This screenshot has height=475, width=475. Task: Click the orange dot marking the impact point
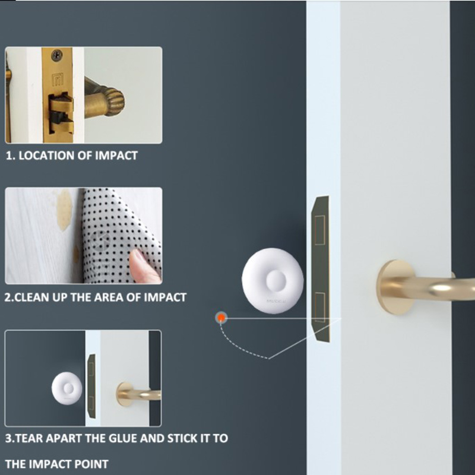(221, 318)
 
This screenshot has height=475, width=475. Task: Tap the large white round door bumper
(273, 281)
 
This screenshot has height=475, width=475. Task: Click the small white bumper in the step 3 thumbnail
(67, 388)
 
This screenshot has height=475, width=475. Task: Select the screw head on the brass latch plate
(56, 55)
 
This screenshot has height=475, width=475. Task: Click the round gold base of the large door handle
(394, 287)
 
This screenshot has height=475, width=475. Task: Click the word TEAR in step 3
(28, 438)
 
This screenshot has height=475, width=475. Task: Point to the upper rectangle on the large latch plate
(319, 230)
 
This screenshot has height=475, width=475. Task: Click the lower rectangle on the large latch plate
(319, 307)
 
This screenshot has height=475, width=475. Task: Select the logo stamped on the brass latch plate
(58, 80)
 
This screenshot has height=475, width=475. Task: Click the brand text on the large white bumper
(276, 302)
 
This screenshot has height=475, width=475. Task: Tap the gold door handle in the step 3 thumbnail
(138, 394)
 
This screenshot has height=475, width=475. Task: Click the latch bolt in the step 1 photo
(61, 113)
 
